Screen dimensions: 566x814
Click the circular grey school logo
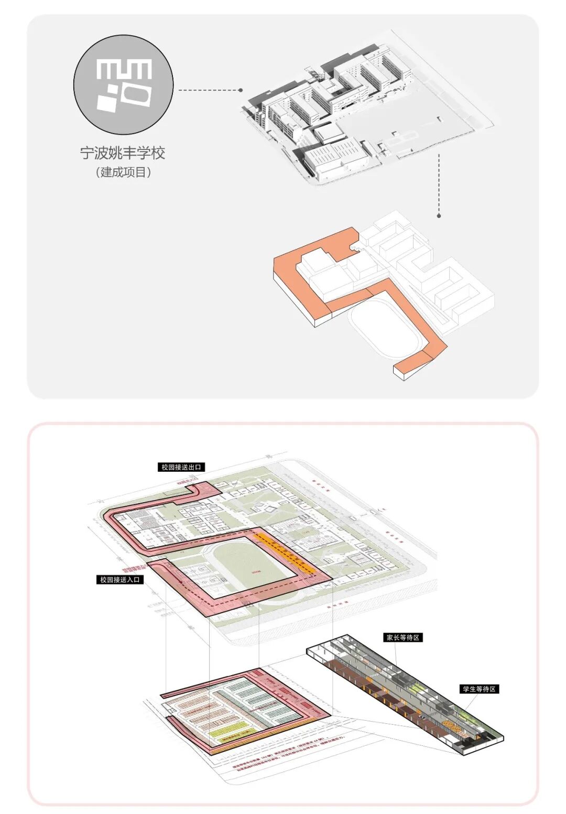tap(123, 85)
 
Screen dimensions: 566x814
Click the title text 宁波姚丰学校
tap(123, 153)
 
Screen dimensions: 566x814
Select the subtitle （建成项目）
tap(123, 172)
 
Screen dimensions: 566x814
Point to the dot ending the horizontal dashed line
tap(241, 90)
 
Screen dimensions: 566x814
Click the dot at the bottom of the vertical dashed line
tap(439, 215)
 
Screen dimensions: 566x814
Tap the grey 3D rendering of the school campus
tap(362, 113)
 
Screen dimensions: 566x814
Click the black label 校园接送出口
tap(181, 467)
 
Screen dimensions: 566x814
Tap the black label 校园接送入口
tap(121, 580)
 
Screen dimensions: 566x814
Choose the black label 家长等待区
tap(403, 637)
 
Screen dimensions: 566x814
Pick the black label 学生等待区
tap(479, 689)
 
